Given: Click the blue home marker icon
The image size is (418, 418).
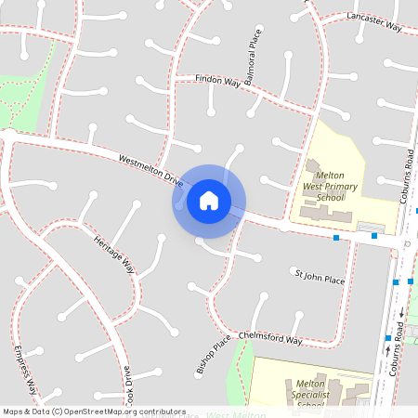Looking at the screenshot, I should (x=209, y=200).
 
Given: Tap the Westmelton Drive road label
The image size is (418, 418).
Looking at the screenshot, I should (x=151, y=168).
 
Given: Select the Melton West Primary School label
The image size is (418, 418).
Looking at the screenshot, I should (x=331, y=186).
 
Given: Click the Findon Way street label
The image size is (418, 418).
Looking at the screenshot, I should (x=218, y=82).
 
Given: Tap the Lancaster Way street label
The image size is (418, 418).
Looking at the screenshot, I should (x=372, y=22).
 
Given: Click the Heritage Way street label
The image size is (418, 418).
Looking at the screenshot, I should (x=114, y=254).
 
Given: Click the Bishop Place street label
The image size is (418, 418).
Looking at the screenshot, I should (x=213, y=356).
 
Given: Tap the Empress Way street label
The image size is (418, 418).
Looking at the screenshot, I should (x=25, y=369).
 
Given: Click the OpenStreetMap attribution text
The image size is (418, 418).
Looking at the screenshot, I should (x=94, y=411).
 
